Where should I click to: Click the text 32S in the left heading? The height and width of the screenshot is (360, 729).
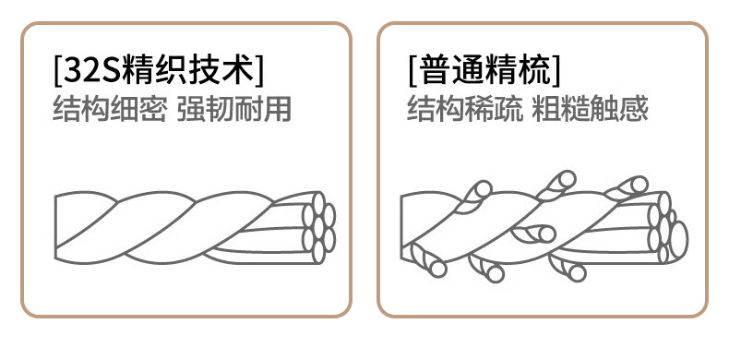[x=91, y=71]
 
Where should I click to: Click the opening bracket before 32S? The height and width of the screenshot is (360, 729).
[x=57, y=71]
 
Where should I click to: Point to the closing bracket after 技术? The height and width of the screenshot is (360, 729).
[x=259, y=71]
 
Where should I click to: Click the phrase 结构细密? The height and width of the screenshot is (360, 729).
[x=110, y=109]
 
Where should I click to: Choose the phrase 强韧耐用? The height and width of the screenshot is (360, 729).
[x=234, y=109]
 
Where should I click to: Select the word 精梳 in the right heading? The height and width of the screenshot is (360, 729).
[x=512, y=71]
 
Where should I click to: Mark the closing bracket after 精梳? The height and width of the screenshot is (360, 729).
[x=556, y=71]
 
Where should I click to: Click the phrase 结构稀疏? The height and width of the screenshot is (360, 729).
[x=464, y=109]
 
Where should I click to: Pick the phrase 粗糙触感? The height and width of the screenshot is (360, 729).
[x=590, y=109]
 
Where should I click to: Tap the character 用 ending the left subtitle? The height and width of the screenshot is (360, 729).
[x=278, y=109]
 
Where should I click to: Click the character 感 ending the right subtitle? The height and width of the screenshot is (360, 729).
[x=634, y=109]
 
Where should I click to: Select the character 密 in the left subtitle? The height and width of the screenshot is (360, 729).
[x=153, y=109]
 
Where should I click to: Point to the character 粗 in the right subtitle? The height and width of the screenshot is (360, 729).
[x=546, y=109]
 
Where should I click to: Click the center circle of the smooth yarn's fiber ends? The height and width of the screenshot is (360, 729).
[x=318, y=228]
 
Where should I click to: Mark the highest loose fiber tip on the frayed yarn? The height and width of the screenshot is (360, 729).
[x=568, y=179]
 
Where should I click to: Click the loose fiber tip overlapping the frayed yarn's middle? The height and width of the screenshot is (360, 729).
[x=546, y=234]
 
